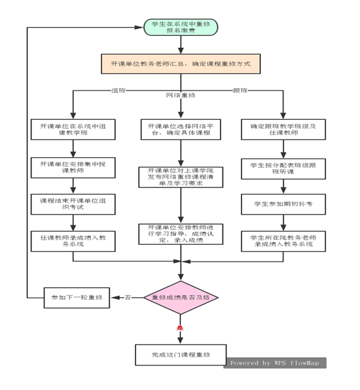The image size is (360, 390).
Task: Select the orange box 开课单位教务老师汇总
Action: pyautogui.click(x=180, y=64)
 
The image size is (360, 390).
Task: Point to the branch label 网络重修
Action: pyautogui.click(x=180, y=95)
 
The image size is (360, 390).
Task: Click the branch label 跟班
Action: pyautogui.click(x=240, y=90)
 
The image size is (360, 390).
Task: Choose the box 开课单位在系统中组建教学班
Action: pyautogui.click(x=73, y=129)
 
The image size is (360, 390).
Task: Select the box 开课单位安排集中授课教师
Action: pyautogui.click(x=73, y=167)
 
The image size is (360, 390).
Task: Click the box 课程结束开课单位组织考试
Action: pyautogui.click(x=73, y=204)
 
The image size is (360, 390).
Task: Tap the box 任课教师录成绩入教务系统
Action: pyautogui.click(x=73, y=240)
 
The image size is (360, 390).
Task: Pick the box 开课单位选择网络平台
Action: pyautogui.click(x=181, y=129)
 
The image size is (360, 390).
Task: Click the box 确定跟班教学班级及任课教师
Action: pyautogui.click(x=282, y=129)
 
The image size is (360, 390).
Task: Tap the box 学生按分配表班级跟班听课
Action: pyautogui.click(x=282, y=167)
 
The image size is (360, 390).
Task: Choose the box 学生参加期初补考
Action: pyautogui.click(x=282, y=204)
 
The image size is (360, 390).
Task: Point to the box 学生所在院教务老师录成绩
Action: pyautogui.click(x=282, y=240)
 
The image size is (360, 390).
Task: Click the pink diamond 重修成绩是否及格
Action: pyautogui.click(x=180, y=297)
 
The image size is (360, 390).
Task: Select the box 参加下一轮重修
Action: pyautogui.click(x=76, y=297)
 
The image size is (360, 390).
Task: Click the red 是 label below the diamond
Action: pyautogui.click(x=180, y=328)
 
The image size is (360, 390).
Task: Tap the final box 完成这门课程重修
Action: pyautogui.click(x=180, y=355)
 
